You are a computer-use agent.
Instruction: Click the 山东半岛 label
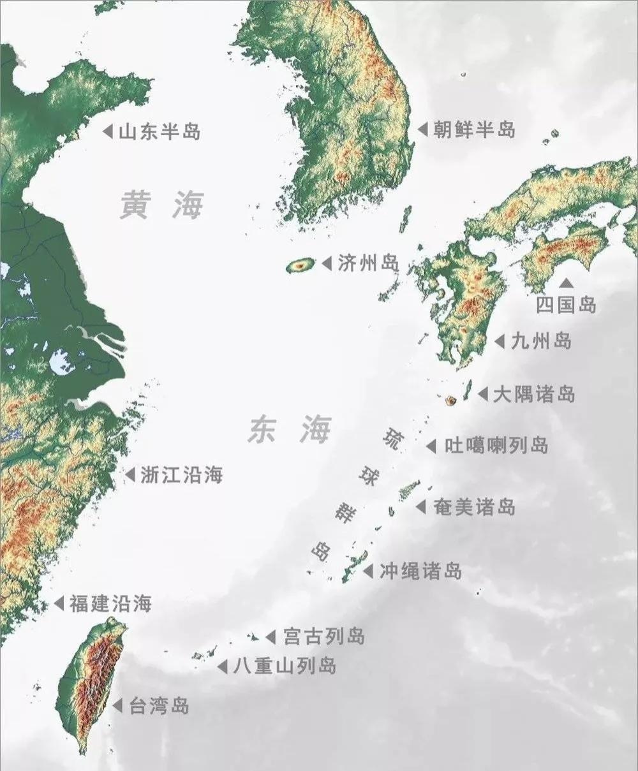point(159,132)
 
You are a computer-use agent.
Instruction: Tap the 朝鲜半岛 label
point(473,130)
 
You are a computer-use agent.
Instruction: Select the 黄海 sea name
point(162,206)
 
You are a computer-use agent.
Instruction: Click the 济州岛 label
point(368,263)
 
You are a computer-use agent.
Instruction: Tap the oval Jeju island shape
point(300,265)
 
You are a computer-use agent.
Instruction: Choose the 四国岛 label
point(566,305)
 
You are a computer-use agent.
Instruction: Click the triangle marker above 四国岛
point(566,283)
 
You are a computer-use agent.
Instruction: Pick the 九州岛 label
point(541,341)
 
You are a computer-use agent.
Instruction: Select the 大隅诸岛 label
point(534,394)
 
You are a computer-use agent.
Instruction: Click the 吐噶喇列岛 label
point(496,445)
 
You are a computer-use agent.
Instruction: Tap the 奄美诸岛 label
point(473,507)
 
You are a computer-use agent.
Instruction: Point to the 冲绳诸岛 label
point(420,571)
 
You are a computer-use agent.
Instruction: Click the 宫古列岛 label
point(323,636)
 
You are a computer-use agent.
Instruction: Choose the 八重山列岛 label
point(285,666)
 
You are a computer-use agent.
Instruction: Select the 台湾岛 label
point(159,706)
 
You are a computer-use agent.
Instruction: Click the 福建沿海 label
point(110,603)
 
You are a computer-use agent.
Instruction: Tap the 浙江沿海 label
point(181,474)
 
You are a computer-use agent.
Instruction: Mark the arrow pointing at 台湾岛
point(117,706)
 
